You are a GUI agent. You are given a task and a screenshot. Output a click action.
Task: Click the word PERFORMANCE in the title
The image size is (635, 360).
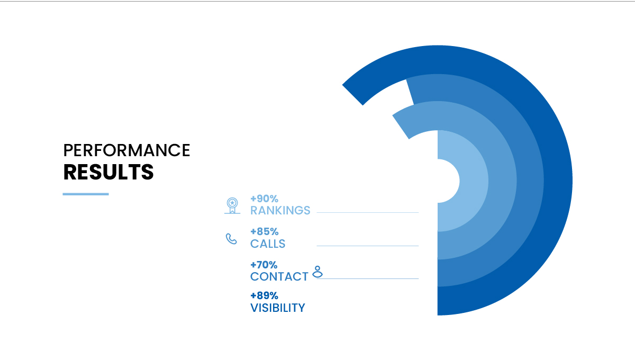coord(126,150)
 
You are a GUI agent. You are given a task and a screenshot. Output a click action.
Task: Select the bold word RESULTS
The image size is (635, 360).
coord(108,172)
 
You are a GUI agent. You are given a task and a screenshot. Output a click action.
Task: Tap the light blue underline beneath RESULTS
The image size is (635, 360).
coord(86,194)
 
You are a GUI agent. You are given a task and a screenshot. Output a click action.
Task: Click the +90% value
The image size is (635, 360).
coord(264,199)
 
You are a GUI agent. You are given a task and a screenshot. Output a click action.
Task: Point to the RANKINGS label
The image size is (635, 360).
coord(280,211)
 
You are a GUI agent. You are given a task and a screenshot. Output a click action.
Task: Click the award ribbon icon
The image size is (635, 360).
coord(232,205)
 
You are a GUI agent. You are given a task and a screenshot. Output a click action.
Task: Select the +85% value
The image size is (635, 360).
coord(264,231)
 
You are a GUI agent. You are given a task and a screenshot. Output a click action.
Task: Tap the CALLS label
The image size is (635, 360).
coord(268,244)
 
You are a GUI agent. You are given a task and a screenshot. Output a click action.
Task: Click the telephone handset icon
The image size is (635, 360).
coord(231,239)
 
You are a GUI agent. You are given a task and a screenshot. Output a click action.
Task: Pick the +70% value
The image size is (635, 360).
coord(264,265)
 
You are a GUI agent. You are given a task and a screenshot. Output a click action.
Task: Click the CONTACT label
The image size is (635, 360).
coord(279,276)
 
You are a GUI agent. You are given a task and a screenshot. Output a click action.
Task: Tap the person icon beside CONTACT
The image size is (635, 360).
coord(317,272)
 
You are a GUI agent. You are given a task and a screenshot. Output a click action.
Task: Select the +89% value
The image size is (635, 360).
coord(264,295)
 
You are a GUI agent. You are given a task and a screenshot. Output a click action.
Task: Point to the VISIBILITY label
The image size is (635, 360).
coord(277,308)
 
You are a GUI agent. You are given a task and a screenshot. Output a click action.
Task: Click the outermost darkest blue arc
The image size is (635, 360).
coord(558,181)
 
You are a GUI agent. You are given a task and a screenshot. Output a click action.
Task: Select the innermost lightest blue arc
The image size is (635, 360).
coord(474,181)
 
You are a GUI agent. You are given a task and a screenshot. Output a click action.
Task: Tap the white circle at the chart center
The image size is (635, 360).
coord(448,181)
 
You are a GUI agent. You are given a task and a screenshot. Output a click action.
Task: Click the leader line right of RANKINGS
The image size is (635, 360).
coord(368,212)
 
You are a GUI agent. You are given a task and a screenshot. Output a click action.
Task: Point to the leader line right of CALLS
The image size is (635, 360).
coord(368,246)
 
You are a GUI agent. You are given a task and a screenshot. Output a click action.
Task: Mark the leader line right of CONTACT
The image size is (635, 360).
coord(368,279)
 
